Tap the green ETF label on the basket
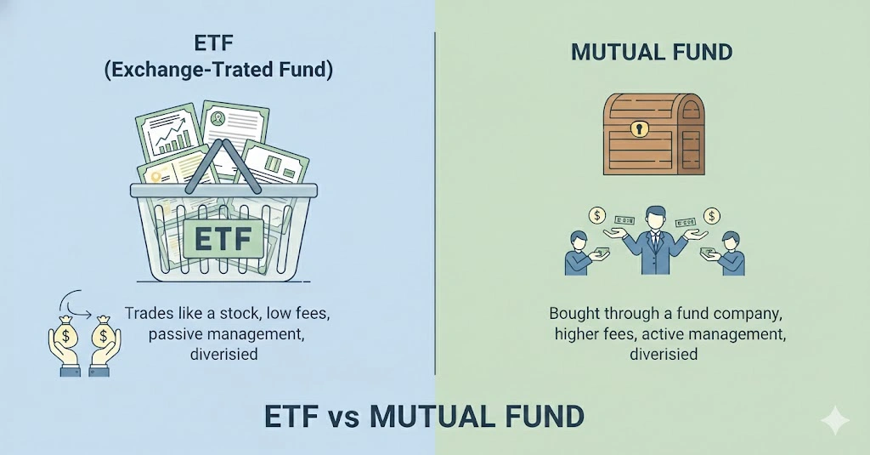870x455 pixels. click(x=223, y=238)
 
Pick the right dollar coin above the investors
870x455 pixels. click(x=712, y=215)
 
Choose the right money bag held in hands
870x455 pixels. click(x=104, y=334)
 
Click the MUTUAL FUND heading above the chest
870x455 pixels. click(x=652, y=52)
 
